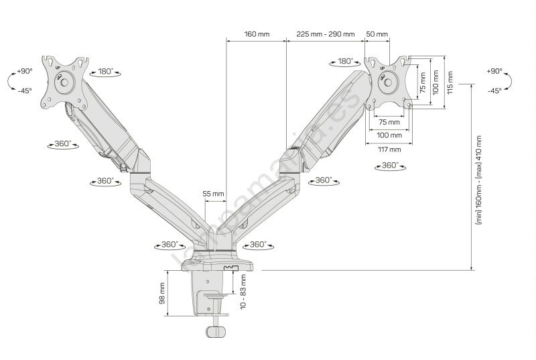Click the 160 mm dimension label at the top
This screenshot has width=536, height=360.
pyautogui.click(x=257, y=34)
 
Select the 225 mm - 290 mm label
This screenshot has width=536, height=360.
pyautogui.click(x=326, y=34)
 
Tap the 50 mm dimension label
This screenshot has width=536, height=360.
pyautogui.click(x=377, y=34)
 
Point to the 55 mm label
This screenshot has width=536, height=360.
pyautogui.click(x=213, y=194)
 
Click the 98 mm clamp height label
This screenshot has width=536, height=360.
pyautogui.click(x=162, y=294)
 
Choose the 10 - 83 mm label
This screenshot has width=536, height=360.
pyautogui.click(x=243, y=292)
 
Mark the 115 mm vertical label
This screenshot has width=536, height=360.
pyautogui.click(x=450, y=82)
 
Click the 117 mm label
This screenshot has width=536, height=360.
pyautogui.click(x=389, y=149)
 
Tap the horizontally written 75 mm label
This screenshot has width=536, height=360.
pyautogui.click(x=389, y=122)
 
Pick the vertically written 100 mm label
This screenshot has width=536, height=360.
pyautogui.click(x=435, y=82)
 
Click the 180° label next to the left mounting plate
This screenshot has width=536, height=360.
pyautogui.click(x=105, y=71)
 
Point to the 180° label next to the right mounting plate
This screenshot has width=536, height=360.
pyautogui.click(x=345, y=61)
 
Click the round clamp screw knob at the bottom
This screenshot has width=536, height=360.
pyautogui.click(x=216, y=331)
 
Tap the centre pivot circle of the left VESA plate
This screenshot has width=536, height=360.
pyautogui.click(x=64, y=82)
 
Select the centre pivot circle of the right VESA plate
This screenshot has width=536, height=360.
pyautogui.click(x=388, y=82)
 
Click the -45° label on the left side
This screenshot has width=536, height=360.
pyautogui.click(x=25, y=91)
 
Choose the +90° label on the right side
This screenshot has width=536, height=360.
pyautogui.click(x=494, y=71)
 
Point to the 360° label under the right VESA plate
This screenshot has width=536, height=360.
pyautogui.click(x=390, y=166)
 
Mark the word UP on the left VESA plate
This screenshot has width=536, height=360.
pyautogui.click(x=58, y=68)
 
